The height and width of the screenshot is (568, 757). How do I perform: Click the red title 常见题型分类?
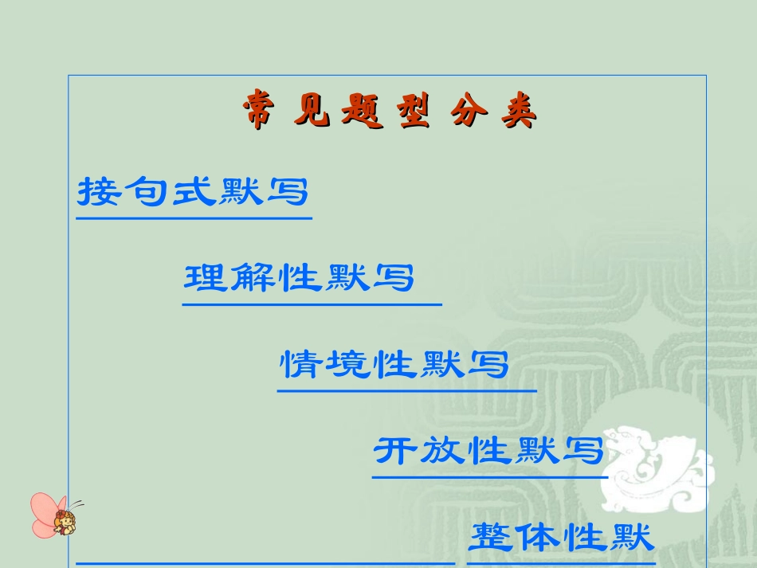pyautogui.click(x=390, y=113)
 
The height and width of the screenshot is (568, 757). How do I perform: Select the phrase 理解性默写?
pyautogui.click(x=300, y=278)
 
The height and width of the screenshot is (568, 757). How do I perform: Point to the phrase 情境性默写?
pyautogui.click(x=394, y=365)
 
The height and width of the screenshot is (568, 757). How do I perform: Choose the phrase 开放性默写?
pyautogui.click(x=488, y=451)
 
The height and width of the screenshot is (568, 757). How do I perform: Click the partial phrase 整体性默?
pyautogui.click(x=561, y=537)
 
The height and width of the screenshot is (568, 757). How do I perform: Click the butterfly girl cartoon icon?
pyautogui.click(x=55, y=515)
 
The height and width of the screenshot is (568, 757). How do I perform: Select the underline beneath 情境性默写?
pyautogui.click(x=406, y=391)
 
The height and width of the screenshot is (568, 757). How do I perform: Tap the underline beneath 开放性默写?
pyautogui.click(x=490, y=477)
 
